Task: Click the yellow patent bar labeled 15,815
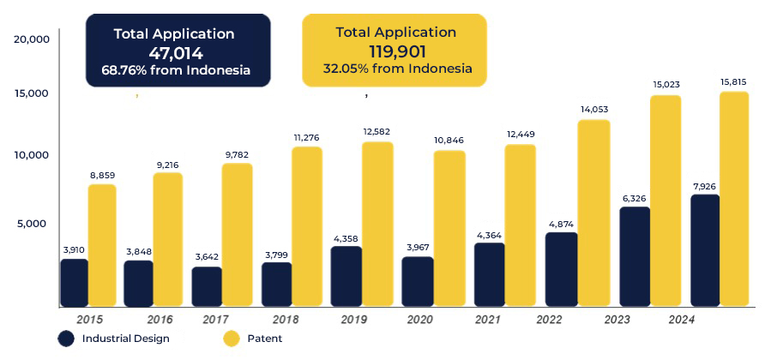[734, 199]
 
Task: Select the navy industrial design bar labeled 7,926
[705, 250]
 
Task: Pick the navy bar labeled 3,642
[207, 286]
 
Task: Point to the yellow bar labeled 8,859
[102, 245]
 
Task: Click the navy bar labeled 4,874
[562, 269]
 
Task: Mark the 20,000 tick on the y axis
[32, 39]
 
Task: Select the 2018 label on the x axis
[286, 320]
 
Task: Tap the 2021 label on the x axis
[488, 320]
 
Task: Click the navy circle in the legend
[66, 339]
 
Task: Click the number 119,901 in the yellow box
[397, 51]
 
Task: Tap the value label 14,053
[594, 110]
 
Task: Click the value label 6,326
[635, 199]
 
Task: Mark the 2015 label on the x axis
[90, 320]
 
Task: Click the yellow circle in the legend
[231, 339]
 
